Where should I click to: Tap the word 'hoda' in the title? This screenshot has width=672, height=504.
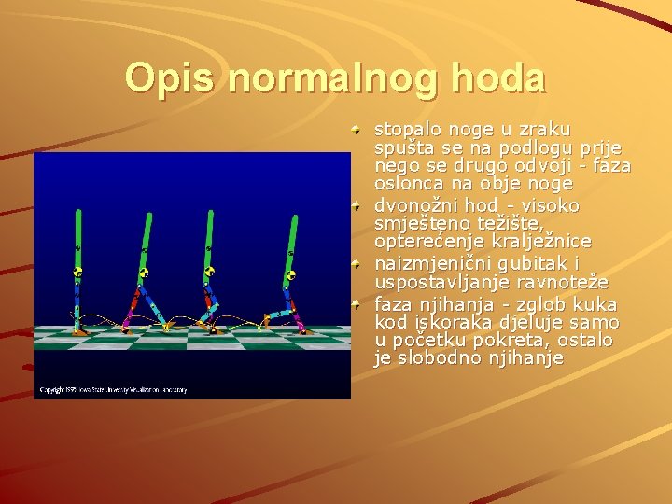[x=499, y=77]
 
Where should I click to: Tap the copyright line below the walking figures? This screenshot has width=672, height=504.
[x=112, y=389]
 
